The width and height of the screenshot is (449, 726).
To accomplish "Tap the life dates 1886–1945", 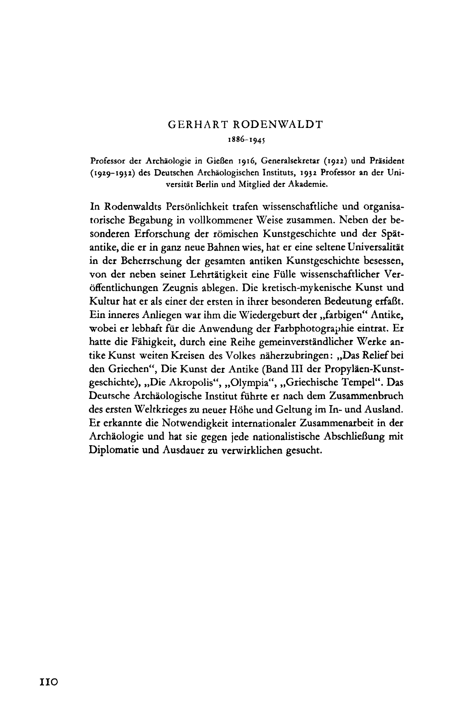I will (247, 139).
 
